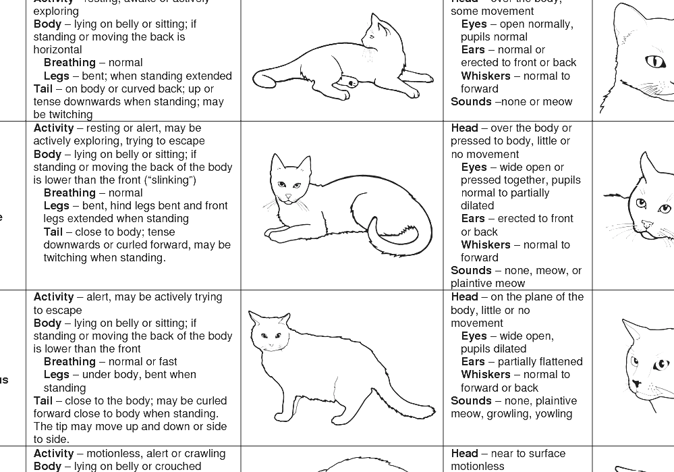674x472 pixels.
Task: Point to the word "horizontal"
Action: [x=57, y=50]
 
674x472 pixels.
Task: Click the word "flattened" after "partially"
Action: [x=559, y=362]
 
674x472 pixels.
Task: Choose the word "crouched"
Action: [x=177, y=467]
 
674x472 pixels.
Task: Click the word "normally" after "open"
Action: [x=548, y=24]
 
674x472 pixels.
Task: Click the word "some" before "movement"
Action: [x=464, y=11]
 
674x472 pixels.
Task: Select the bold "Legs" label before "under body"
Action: [x=57, y=375]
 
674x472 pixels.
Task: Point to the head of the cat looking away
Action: [x=377, y=34]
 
